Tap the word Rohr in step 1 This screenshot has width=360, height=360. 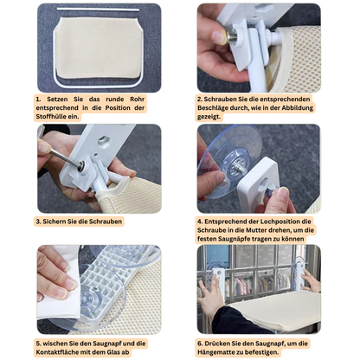tap(137, 100)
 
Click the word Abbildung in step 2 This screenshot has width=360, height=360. tap(298, 108)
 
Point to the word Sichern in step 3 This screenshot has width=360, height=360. tap(55, 222)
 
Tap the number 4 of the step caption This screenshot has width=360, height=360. tap(200, 222)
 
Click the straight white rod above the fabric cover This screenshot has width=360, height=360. tap(98, 10)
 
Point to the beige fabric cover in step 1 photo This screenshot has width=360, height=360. tap(98, 48)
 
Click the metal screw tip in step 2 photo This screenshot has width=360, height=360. tap(231, 36)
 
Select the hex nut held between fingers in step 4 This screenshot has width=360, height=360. tap(271, 190)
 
